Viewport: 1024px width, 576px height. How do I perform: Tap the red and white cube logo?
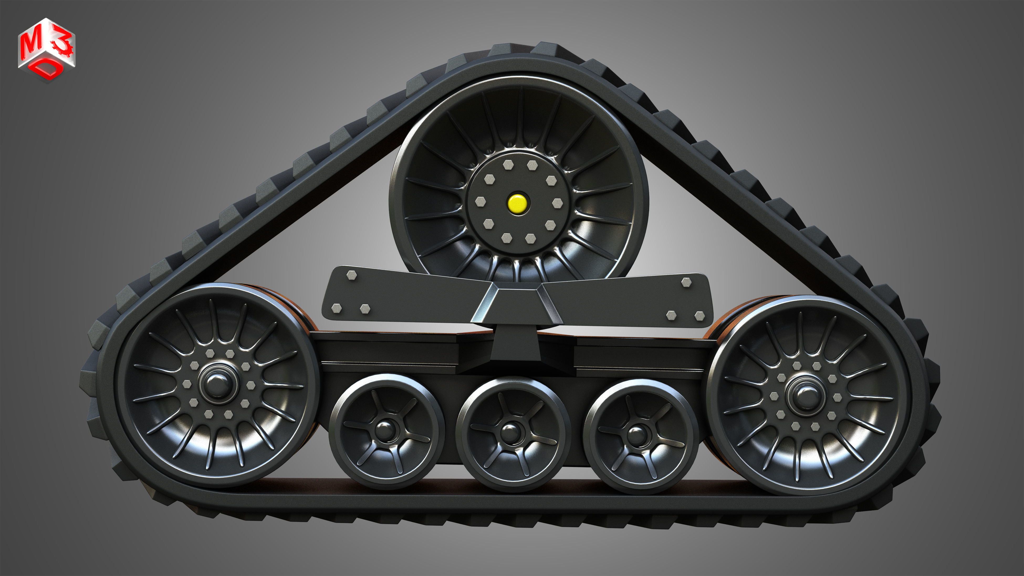(x=46, y=50)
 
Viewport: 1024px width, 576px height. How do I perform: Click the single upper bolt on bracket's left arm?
(x=351, y=275)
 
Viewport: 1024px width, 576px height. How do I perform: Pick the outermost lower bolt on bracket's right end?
(x=699, y=316)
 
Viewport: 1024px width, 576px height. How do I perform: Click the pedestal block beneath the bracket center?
(x=516, y=346)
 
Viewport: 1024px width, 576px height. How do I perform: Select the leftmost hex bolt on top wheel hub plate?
(x=480, y=201)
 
